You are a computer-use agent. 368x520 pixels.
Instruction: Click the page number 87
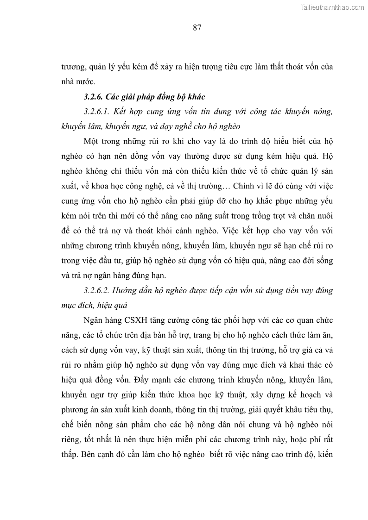tap(197, 27)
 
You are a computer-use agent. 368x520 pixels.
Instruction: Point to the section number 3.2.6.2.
tap(99, 291)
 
